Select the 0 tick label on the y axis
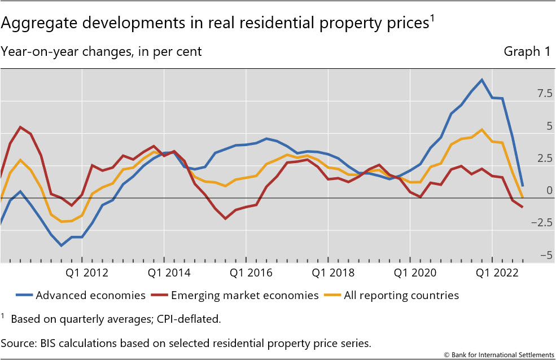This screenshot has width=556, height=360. pyautogui.click(x=549, y=191)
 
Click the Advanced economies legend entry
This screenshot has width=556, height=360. pyautogui.click(x=90, y=295)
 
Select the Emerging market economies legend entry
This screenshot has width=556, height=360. pyautogui.click(x=244, y=295)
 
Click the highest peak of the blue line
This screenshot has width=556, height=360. pyautogui.click(x=481, y=80)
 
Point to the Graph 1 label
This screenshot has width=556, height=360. pyautogui.click(x=527, y=52)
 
